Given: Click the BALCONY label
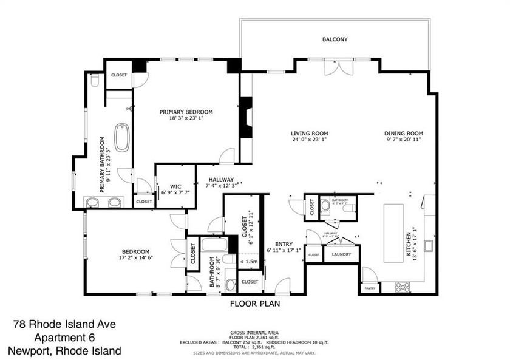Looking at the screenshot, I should tap(335, 40).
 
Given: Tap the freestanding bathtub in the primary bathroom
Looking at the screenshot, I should tap(122, 138).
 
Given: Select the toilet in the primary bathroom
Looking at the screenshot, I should tap(95, 80).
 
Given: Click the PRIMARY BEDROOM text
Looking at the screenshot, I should tap(186, 112).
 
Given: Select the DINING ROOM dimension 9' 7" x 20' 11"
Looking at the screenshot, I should tap(403, 140).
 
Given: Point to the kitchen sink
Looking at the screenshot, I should tap(429, 246).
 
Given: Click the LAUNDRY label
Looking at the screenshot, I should tap(341, 254).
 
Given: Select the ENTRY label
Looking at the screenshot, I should tap(284, 243).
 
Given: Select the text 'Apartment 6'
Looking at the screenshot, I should tap(64, 338).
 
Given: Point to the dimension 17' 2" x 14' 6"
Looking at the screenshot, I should tap(134, 258).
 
